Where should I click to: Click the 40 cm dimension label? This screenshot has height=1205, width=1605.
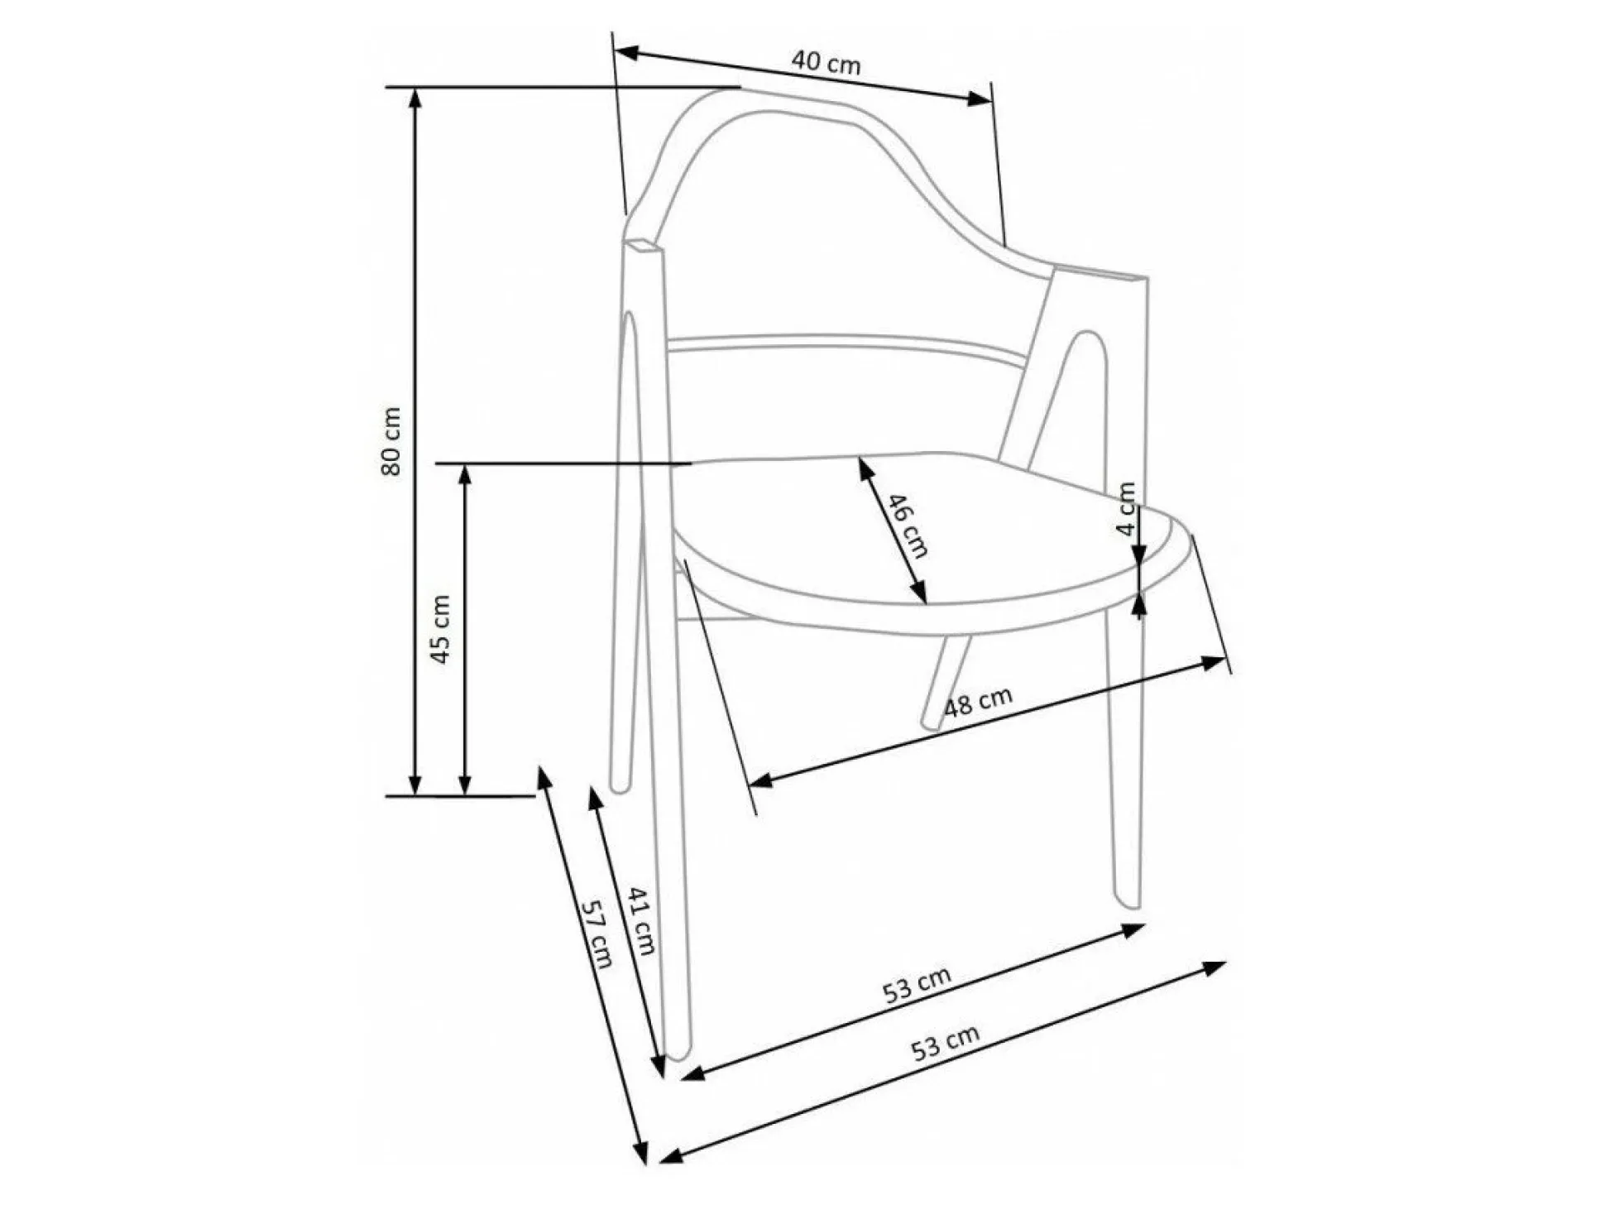(x=826, y=62)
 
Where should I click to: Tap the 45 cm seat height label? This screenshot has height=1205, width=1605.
(x=440, y=629)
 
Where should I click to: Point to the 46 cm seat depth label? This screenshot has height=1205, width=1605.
(x=908, y=526)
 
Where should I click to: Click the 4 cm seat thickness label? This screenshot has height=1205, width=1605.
(x=1127, y=509)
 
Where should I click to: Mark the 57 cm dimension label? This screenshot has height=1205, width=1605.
(x=597, y=934)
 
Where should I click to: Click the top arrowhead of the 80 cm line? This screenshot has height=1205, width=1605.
(x=415, y=98)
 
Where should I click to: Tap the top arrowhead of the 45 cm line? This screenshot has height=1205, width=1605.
(x=465, y=476)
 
